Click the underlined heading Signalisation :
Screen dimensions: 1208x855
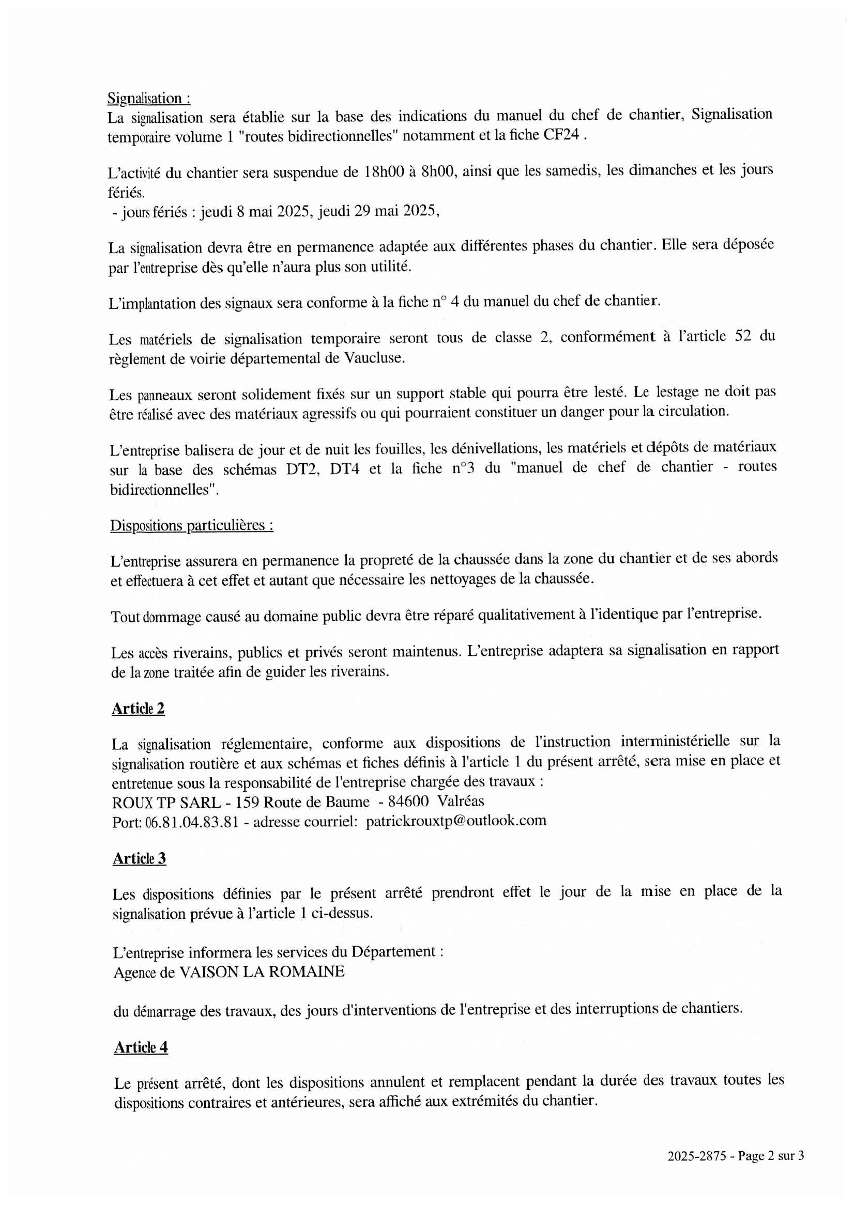(x=148, y=99)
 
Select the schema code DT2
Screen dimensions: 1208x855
(x=303, y=469)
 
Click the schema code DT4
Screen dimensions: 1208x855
(x=344, y=469)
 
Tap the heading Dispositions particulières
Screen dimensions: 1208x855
(x=191, y=525)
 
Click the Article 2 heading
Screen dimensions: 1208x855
(x=138, y=709)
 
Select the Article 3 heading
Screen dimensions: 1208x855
(x=139, y=859)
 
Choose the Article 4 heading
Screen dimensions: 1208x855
(x=141, y=1047)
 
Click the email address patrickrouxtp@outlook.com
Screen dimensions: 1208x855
(x=456, y=821)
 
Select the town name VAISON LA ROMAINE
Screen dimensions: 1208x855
(x=262, y=971)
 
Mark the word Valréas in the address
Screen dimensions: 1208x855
(x=461, y=801)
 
